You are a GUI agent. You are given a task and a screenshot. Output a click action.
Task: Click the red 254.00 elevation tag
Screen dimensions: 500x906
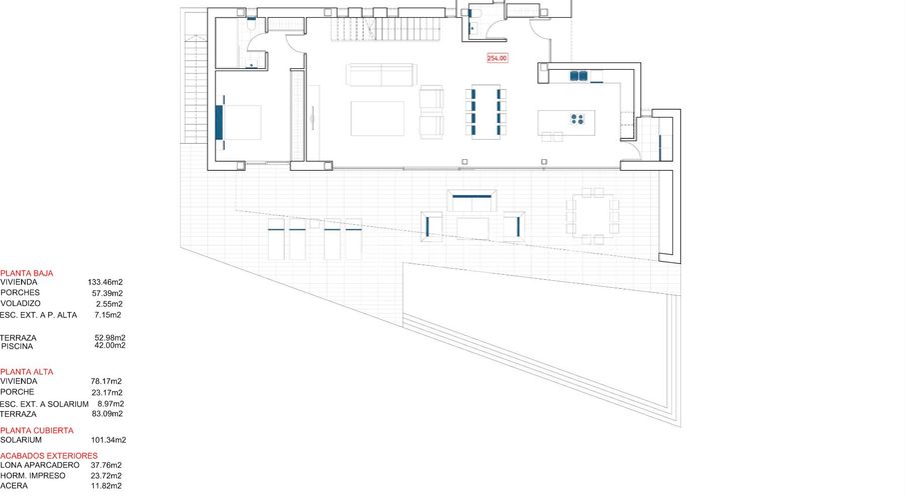pos(497,58)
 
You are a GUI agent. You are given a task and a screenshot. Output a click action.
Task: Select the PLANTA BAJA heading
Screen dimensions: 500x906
pos(27,272)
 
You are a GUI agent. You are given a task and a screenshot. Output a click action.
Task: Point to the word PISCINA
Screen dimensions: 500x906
pos(17,346)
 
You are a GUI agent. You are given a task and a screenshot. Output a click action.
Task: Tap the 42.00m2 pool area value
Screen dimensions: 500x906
pos(109,346)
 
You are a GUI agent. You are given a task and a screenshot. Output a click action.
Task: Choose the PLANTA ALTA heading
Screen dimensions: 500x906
pos(27,371)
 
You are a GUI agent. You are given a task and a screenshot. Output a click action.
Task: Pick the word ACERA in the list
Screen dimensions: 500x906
pos(13,486)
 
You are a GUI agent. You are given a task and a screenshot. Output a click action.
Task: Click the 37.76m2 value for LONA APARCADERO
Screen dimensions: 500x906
pos(106,465)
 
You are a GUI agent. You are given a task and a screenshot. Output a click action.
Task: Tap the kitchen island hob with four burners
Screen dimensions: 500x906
pos(577,119)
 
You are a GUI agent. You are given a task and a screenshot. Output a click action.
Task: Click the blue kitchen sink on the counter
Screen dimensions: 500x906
pos(578,75)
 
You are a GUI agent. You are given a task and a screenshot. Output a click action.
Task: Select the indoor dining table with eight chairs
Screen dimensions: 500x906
pos(485,111)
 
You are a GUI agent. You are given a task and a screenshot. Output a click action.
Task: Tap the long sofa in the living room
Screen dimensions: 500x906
pos(380,75)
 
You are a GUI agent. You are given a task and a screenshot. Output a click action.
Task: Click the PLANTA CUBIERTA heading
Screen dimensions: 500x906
pos(37,430)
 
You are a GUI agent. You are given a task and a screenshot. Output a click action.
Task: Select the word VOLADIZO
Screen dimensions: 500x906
pos(20,303)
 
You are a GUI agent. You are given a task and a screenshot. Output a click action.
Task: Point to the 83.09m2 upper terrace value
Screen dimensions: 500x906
pos(106,413)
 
